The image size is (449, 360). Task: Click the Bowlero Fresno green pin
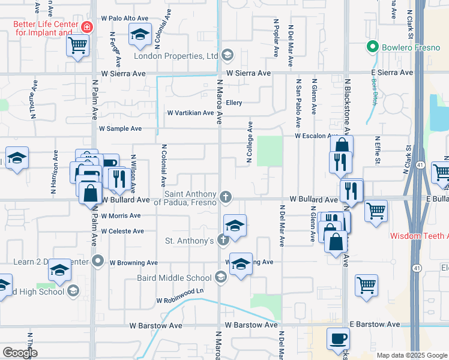(372, 46)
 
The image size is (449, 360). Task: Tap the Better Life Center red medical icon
(88, 28)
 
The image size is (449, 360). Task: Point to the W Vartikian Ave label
(190, 112)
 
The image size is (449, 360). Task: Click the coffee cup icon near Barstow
(337, 338)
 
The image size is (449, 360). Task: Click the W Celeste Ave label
(122, 231)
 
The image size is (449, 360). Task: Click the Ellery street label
(234, 103)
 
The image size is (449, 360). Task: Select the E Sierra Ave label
(390, 73)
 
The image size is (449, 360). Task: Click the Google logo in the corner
(20, 352)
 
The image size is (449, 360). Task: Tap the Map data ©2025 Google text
(411, 355)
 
